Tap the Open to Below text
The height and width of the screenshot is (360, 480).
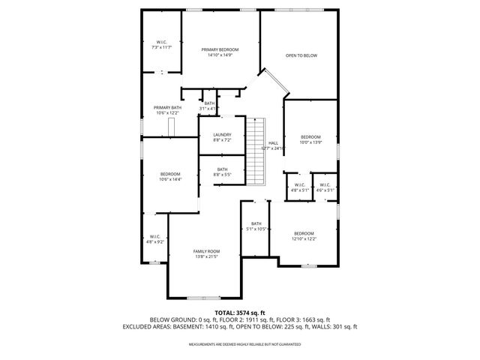pyautogui.click(x=301, y=55)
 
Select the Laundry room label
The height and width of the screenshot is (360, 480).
pyautogui.click(x=222, y=134)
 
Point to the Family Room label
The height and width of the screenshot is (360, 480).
pyautogui.click(x=206, y=250)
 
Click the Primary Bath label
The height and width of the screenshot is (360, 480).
pyautogui.click(x=167, y=107)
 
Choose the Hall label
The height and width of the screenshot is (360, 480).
pyautogui.click(x=273, y=142)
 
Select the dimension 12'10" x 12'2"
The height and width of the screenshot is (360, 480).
pyautogui.click(x=304, y=238)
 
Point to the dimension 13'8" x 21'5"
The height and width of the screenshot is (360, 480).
pyautogui.click(x=206, y=256)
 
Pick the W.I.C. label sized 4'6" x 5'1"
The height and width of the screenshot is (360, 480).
pyautogui.click(x=325, y=184)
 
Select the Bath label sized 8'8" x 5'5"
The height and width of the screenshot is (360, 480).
pyautogui.click(x=222, y=169)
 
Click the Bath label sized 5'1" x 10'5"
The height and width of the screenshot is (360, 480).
pyautogui.click(x=256, y=223)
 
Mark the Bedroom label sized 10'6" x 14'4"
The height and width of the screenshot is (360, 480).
pyautogui.click(x=170, y=174)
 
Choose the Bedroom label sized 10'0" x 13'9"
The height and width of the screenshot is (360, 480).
pyautogui.click(x=310, y=136)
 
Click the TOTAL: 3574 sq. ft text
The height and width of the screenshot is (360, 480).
pyautogui.click(x=240, y=312)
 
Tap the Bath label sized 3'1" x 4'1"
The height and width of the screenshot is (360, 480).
pyautogui.click(x=209, y=103)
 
